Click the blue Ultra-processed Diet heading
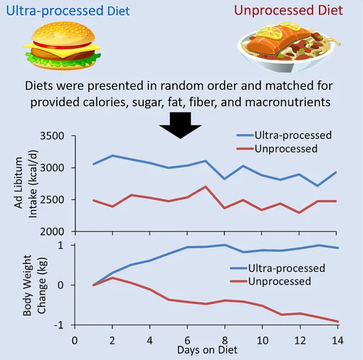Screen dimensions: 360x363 [x=65, y=10]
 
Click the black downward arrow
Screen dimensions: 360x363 [x=180, y=124]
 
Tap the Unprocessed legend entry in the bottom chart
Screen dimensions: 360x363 [x=272, y=281]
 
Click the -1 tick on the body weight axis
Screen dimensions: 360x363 [x=60, y=325]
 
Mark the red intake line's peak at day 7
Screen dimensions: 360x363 [x=206, y=186]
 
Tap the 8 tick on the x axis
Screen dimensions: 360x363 [x=225, y=341]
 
